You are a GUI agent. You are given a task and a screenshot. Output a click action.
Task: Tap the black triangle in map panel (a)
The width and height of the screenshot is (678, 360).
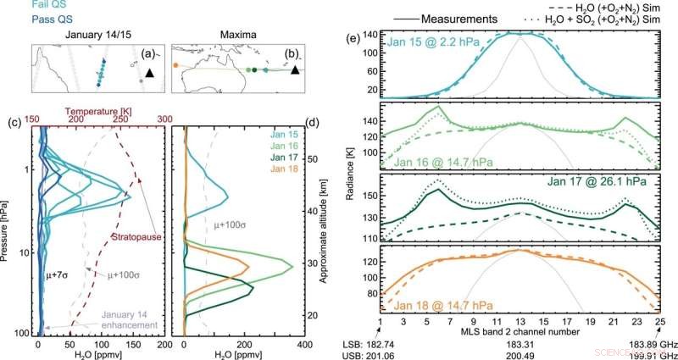coord(150,75)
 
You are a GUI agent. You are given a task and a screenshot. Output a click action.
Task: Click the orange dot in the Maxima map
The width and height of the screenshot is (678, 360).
coord(175,64)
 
